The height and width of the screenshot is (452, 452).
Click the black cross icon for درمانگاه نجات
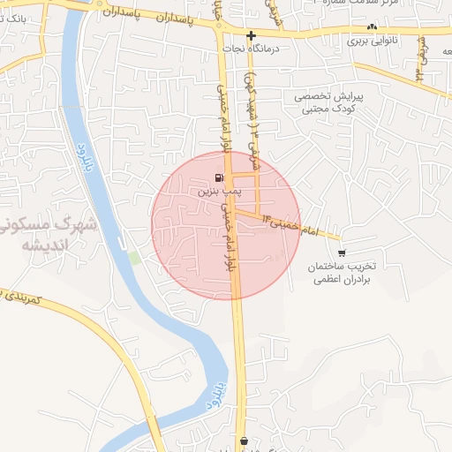coord(252,36)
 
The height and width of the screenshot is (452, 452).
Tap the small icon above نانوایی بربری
coord(373,27)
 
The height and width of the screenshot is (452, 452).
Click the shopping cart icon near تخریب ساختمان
coord(342,252)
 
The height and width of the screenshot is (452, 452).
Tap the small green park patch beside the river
coord(133,256)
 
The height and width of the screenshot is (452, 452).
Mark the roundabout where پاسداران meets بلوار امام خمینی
coord(220,26)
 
